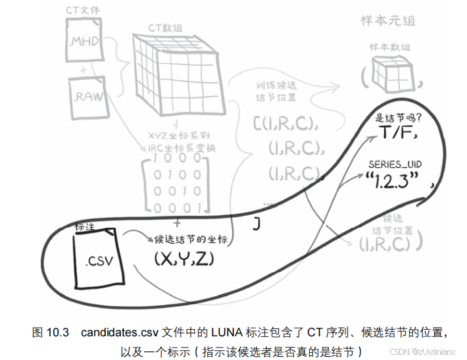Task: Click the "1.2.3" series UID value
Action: (x=395, y=181)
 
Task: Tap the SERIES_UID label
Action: (x=396, y=163)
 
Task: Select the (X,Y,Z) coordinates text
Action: (x=185, y=259)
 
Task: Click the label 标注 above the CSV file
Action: (x=86, y=226)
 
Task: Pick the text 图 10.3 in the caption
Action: (x=51, y=332)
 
